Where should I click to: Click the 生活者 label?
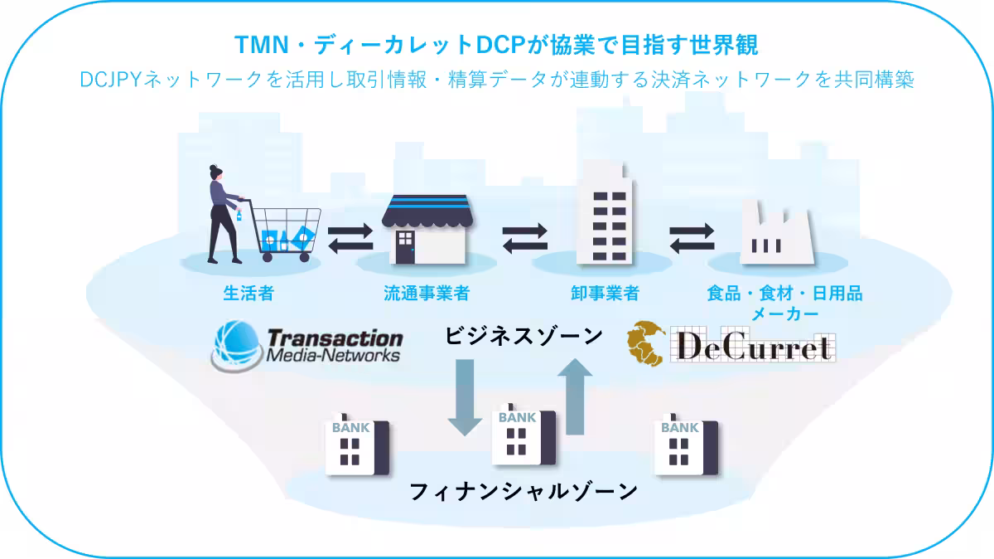coord(248,294)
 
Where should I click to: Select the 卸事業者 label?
coord(605,294)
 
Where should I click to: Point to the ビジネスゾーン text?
coord(524,337)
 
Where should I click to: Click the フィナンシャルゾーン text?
coord(524,491)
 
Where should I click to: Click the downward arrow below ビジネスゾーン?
coord(465,397)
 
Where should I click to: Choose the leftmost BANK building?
coord(356,445)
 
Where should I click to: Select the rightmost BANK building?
coord(685,445)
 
